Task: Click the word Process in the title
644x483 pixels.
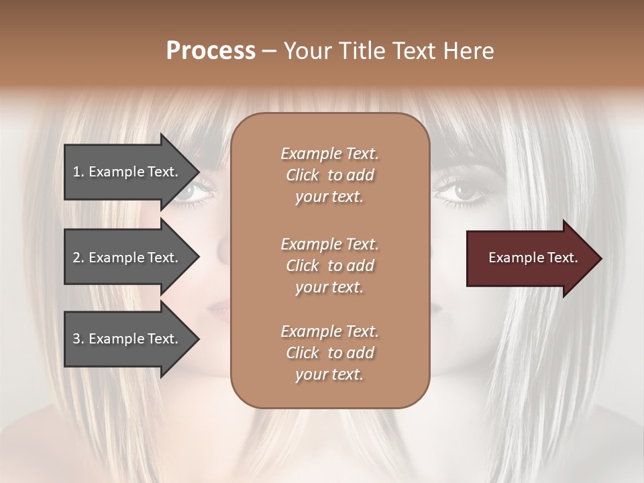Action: (x=211, y=50)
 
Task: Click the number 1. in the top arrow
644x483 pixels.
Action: (x=78, y=172)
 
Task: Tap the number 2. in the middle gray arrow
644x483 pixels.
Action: (x=78, y=258)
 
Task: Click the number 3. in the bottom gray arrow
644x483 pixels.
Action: (x=78, y=339)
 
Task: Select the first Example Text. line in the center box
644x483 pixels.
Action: (x=329, y=154)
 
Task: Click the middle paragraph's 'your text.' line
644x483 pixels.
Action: (x=329, y=287)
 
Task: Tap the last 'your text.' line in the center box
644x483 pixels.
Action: (x=329, y=374)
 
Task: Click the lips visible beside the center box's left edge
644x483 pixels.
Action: (x=219, y=309)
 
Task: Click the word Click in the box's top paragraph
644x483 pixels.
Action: (x=303, y=176)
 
